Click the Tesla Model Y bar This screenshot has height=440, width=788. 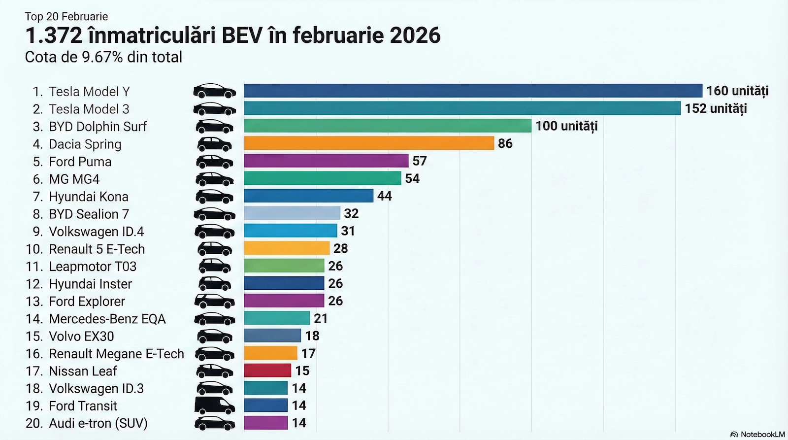pos(473,91)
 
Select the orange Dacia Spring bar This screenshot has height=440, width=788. pos(369,143)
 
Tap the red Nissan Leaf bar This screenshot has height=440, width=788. pos(267,371)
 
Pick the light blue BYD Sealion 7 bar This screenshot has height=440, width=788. pos(292,213)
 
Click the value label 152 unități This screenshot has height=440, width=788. pos(716,108)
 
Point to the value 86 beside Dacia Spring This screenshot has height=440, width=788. pos(505,143)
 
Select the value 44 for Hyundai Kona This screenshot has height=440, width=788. pos(384,196)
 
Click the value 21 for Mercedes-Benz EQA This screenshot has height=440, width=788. pos(321,318)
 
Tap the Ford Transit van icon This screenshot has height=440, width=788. pos(214,406)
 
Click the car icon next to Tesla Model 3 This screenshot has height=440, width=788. pos(214,109)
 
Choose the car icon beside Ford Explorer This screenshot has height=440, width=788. pos(214,301)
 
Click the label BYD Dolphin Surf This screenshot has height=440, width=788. pos(98,127)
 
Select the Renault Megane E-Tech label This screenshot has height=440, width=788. pos(116,354)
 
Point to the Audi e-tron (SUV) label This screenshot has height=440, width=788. pos(98,423)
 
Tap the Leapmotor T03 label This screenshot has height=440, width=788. pos(93,267)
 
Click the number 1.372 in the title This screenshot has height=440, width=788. pos(53,35)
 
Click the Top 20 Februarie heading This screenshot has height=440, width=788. pos(66,16)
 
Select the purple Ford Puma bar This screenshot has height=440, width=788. pos(326,161)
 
